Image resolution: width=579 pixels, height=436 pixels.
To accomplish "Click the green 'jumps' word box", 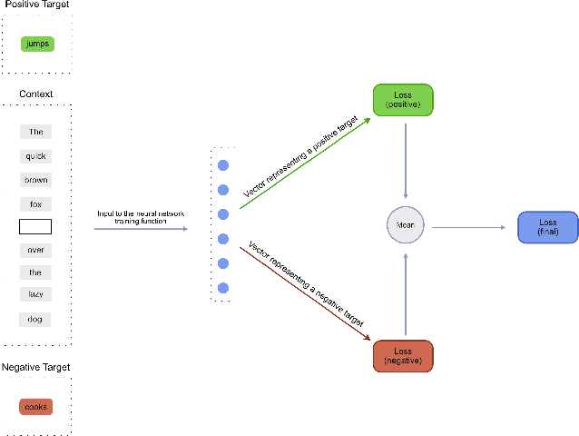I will point(36,43).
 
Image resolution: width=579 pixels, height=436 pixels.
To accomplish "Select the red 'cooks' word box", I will point(36,406).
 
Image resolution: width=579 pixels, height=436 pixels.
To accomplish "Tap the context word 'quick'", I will point(36,155).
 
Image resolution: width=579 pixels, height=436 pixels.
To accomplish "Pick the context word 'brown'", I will point(36,179).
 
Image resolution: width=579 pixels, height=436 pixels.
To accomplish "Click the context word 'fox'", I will point(36,203).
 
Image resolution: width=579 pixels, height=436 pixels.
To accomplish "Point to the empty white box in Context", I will point(36,226).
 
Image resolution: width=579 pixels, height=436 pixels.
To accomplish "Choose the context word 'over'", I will point(36,249).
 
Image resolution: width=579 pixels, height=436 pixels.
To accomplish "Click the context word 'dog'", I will point(36,319).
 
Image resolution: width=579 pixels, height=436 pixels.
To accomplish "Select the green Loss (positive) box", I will point(404,100).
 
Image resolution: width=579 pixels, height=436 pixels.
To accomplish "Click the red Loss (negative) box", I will point(404,356).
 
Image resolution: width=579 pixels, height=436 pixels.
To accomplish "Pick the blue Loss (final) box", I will point(547,227).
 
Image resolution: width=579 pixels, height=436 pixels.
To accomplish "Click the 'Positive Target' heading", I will point(36,5).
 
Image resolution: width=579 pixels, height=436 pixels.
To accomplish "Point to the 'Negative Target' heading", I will point(37,367).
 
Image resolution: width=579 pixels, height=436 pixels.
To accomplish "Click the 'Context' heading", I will point(36,94).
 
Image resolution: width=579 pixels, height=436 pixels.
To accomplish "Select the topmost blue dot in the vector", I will point(222,165).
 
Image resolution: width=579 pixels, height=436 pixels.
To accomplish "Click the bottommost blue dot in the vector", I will point(222,288).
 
